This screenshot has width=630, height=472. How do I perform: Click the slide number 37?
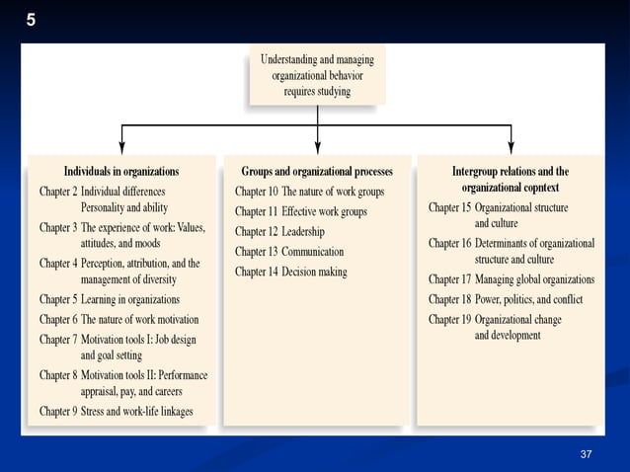[586, 453]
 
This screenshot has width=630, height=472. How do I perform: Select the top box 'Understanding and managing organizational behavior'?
[317, 75]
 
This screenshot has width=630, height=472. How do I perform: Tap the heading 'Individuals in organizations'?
[121, 171]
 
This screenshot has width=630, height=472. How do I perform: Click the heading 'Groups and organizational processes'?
[317, 171]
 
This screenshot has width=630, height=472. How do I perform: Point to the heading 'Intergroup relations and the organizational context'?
[511, 179]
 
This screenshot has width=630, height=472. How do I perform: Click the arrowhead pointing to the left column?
[121, 146]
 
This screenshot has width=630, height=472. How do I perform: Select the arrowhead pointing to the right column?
[511, 146]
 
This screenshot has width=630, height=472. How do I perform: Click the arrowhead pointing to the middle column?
[317, 146]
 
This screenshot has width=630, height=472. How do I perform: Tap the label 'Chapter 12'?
[255, 231]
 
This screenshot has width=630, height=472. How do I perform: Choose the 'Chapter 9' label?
[58, 411]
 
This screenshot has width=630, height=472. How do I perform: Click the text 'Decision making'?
[314, 272]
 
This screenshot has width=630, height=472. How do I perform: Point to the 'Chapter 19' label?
[449, 319]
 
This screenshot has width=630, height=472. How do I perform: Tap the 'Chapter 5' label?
[58, 299]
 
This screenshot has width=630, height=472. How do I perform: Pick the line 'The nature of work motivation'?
[139, 319]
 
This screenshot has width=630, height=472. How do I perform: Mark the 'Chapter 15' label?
[449, 208]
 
